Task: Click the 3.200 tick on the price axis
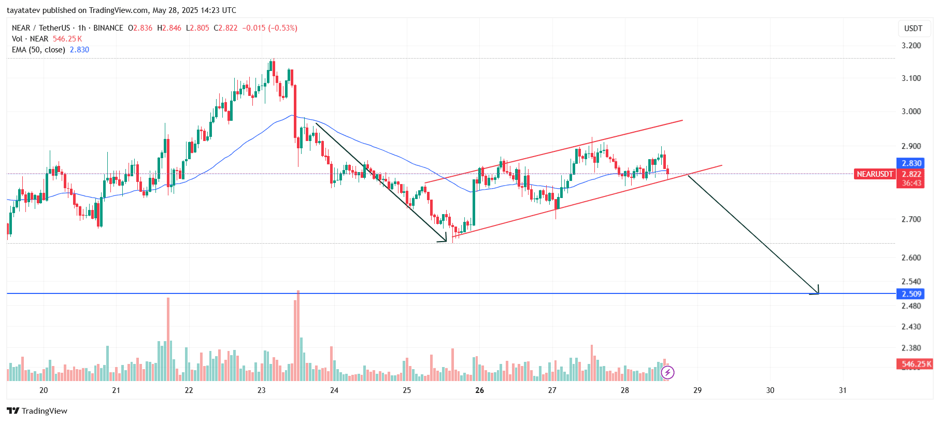tap(911, 46)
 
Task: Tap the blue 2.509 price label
tap(911, 294)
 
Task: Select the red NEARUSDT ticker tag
tap(875, 174)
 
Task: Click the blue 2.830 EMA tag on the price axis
tap(911, 163)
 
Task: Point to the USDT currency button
tap(913, 29)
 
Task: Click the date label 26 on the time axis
tap(479, 390)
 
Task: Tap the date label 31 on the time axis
tap(843, 390)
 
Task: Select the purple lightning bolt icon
tap(667, 372)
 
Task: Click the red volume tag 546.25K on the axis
tap(915, 364)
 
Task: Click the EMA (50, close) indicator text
tap(39, 50)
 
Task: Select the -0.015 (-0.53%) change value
tap(269, 28)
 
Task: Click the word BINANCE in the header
tap(108, 28)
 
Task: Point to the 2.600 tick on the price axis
tap(911, 258)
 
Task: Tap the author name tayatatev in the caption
tap(23, 10)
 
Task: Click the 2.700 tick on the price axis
tap(911, 219)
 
